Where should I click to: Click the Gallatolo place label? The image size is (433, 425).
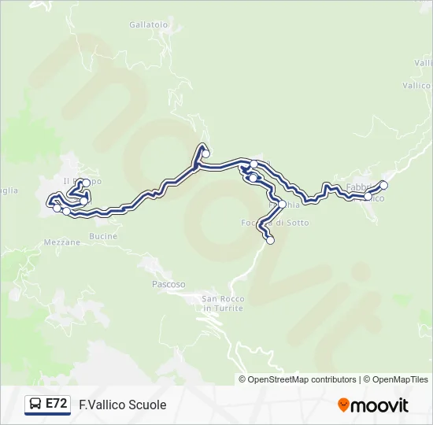(x=148, y=25)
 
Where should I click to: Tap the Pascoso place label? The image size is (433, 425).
(x=168, y=283)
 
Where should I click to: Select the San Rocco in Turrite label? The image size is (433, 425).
(x=223, y=303)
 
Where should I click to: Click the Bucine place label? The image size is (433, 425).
(x=104, y=236)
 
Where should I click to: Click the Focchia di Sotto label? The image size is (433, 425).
(x=275, y=223)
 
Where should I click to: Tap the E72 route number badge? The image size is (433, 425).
(x=56, y=404)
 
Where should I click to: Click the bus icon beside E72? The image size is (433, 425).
(x=35, y=405)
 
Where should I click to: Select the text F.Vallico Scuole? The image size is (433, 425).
(x=123, y=405)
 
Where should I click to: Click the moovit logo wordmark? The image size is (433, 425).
(x=380, y=405)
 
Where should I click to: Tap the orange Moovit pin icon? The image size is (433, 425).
(x=344, y=405)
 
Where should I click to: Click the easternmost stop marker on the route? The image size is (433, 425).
(x=384, y=186)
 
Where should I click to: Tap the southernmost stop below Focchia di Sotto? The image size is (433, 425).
(x=271, y=241)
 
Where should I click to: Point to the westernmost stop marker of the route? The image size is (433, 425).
(x=57, y=209)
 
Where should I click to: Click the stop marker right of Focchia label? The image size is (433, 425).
(x=282, y=204)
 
